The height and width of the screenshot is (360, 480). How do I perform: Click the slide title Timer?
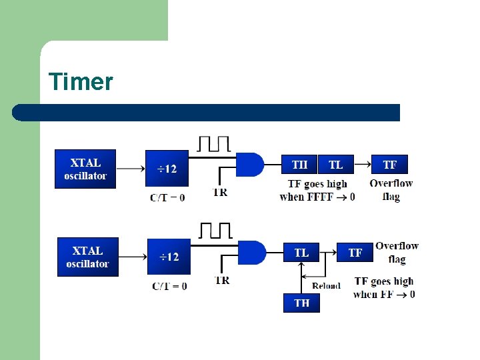point(81,82)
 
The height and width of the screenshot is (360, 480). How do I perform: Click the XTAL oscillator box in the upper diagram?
point(85,169)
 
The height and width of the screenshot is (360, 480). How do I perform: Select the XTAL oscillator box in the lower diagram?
point(87,257)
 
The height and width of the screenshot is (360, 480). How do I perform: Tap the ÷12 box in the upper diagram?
point(167,169)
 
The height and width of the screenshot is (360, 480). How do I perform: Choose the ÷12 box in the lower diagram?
point(169,257)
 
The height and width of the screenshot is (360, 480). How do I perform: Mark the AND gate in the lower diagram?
point(251,253)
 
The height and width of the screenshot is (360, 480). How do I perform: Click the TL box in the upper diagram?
point(335,165)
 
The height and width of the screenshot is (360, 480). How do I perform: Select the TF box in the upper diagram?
point(390,165)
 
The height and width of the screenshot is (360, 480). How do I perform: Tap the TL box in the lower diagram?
point(301,253)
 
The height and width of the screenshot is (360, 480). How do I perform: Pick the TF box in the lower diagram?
point(355,253)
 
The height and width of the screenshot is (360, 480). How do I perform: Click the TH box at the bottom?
point(301,303)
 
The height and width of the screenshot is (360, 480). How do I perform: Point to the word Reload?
point(326,286)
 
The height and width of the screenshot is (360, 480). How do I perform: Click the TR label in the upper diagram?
point(220,193)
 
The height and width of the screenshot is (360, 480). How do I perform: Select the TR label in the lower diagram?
point(222,281)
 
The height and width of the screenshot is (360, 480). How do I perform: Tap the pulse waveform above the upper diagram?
point(214,143)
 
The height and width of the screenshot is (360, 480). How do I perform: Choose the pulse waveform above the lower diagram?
point(215,231)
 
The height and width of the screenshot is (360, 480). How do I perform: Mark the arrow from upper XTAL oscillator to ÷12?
point(130,169)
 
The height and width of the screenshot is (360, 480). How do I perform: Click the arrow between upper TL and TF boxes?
point(361,165)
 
